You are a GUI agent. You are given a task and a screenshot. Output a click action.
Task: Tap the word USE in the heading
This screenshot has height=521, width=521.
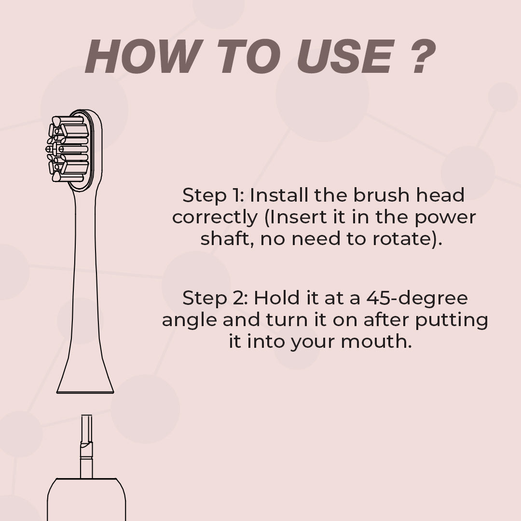tap(344, 56)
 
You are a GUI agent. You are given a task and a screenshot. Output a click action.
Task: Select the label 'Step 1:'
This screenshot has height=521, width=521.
tap(213, 195)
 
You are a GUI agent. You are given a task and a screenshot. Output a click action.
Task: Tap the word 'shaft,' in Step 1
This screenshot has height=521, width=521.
tap(227, 239)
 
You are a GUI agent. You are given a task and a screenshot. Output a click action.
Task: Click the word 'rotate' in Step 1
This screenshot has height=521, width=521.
tap(401, 239)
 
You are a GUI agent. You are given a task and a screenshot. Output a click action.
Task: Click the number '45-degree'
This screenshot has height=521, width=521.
tap(417, 299)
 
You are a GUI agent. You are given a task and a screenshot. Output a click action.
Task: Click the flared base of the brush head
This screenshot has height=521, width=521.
tap(85, 375)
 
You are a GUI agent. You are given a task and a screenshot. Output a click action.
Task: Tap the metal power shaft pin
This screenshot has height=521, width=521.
tap(86, 446)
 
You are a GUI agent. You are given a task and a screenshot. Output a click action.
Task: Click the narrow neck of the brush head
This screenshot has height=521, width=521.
tap(85, 266)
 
